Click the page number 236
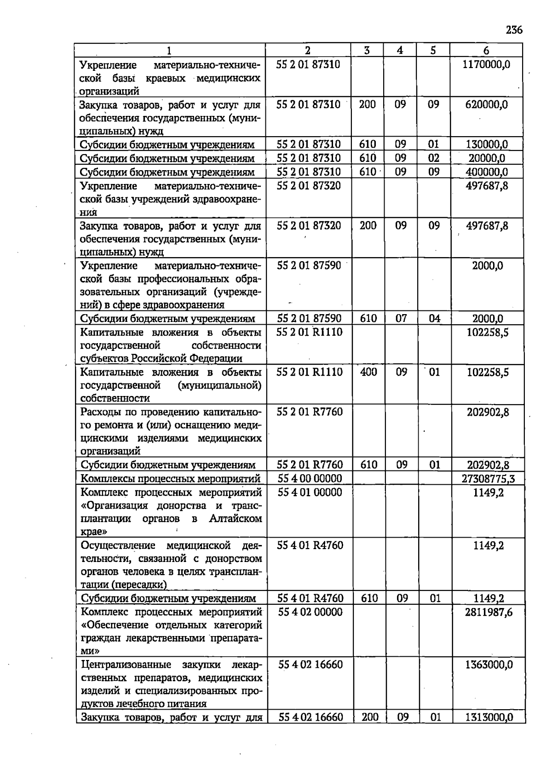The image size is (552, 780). click(x=514, y=30)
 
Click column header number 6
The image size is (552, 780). click(x=486, y=51)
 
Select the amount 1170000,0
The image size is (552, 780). click(x=486, y=64)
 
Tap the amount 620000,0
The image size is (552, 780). click(x=486, y=105)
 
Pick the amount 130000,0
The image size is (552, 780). click(x=487, y=145)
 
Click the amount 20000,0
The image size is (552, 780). click(x=487, y=159)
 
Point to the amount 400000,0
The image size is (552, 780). click(x=487, y=172)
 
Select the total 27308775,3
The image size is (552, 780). click(x=488, y=479)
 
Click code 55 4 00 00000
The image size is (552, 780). click(x=310, y=479)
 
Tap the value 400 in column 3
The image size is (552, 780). click(x=368, y=372)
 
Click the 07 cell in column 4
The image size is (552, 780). click(x=401, y=318)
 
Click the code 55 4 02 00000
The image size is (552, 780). click(x=310, y=612)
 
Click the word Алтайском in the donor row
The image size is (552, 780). click(x=235, y=519)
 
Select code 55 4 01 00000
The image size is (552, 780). click(x=310, y=493)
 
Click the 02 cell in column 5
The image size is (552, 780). click(x=434, y=159)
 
